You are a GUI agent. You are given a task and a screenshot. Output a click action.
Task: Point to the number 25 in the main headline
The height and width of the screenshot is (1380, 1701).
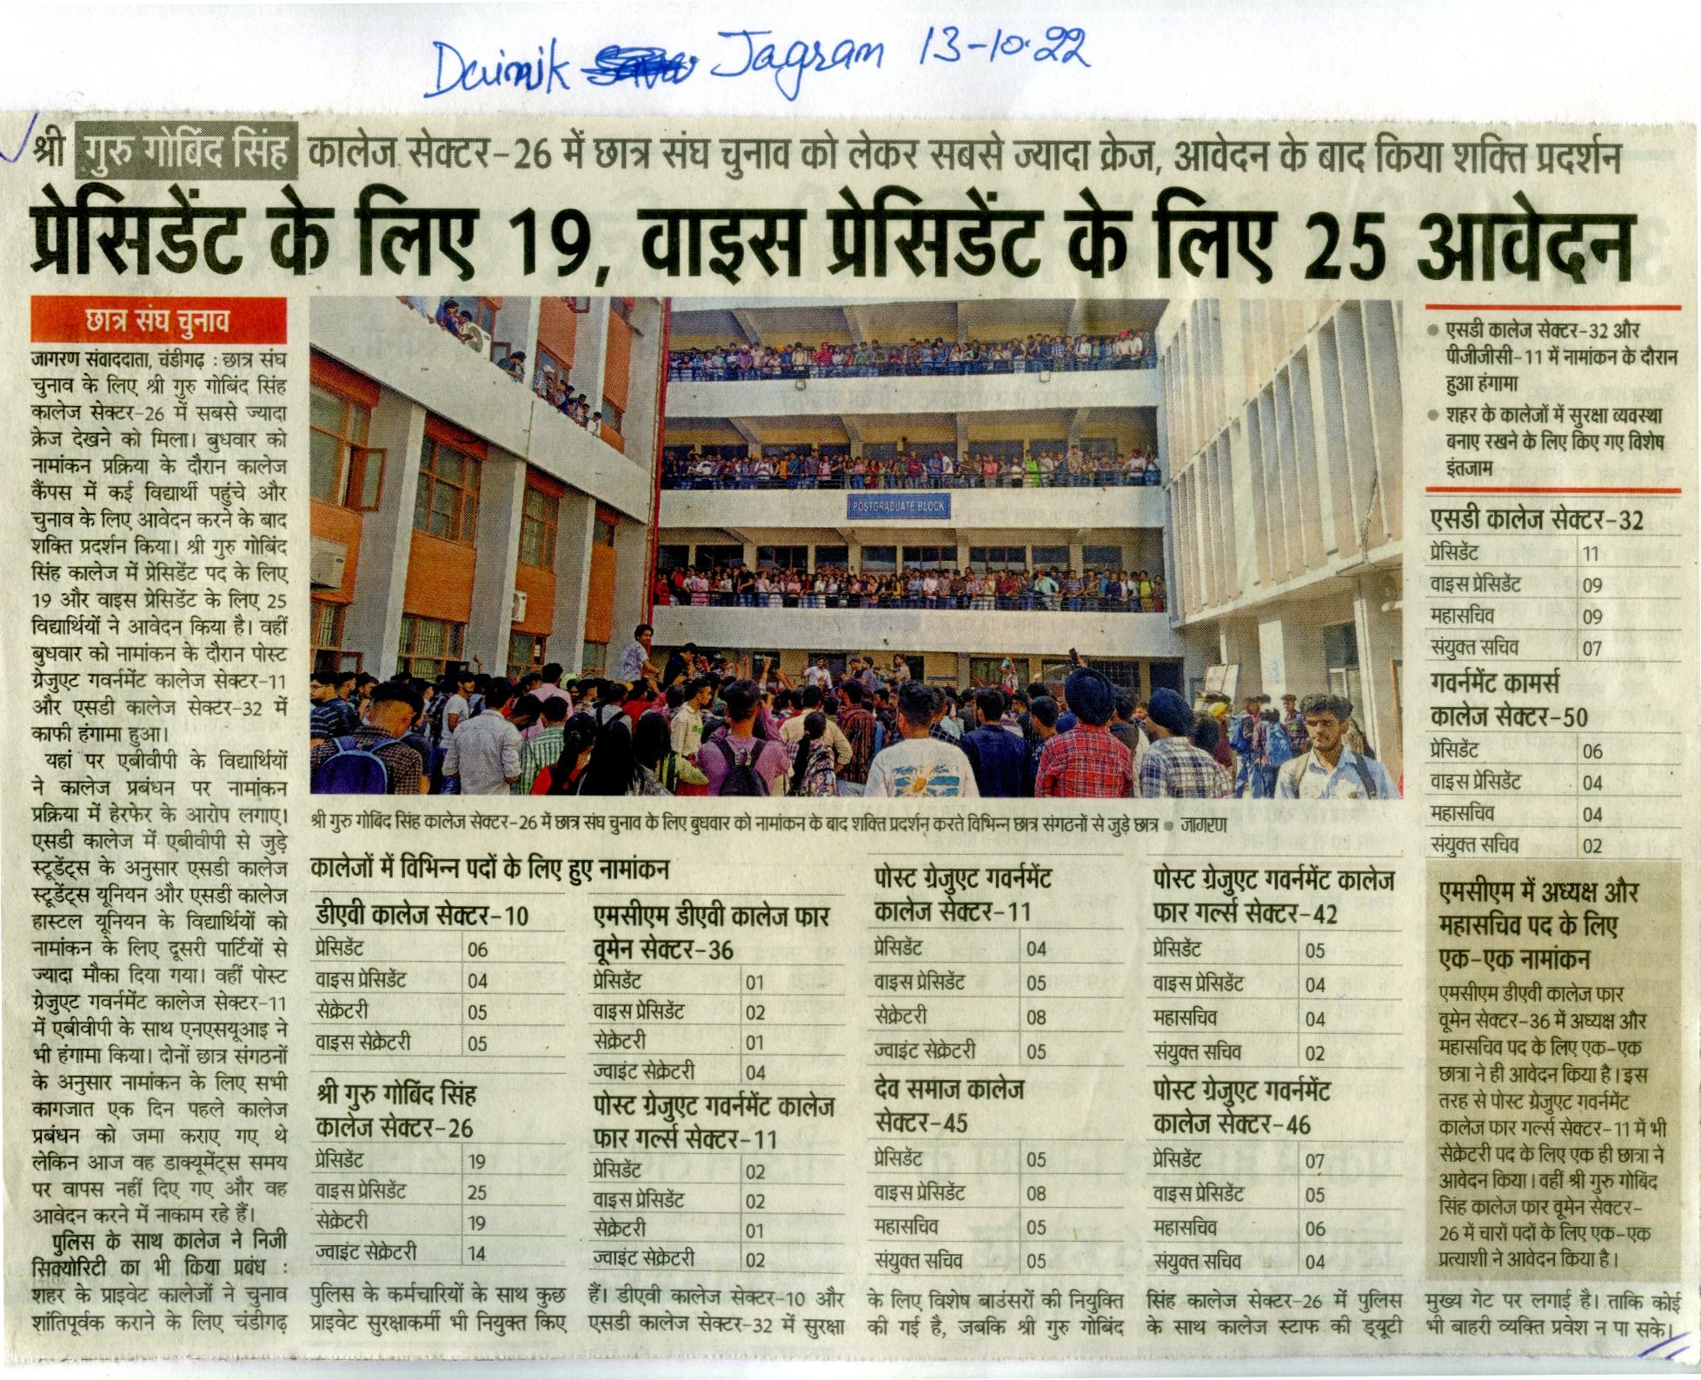(1352, 246)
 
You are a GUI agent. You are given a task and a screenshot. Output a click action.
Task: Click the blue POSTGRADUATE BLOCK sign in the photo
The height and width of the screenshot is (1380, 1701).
(898, 506)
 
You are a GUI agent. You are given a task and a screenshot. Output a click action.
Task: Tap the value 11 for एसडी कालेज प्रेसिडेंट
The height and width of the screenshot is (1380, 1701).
(1590, 554)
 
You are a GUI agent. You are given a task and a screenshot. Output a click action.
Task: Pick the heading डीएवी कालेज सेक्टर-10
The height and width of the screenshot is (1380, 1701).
(422, 915)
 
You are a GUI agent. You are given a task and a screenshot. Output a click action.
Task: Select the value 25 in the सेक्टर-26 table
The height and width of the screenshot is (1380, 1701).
(476, 1192)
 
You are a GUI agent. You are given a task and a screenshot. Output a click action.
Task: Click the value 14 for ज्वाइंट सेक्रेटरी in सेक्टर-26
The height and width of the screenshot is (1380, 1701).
(476, 1253)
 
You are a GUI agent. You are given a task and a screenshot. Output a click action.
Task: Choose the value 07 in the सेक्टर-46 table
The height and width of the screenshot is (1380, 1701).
(1314, 1161)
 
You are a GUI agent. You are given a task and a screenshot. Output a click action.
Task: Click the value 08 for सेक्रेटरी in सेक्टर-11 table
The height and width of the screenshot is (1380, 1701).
(1036, 1017)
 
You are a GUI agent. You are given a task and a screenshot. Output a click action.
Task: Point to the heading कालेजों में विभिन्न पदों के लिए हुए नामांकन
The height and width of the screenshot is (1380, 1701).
(489, 869)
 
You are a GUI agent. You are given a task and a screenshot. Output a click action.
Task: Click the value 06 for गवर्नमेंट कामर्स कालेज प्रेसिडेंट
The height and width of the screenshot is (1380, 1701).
(1591, 751)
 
